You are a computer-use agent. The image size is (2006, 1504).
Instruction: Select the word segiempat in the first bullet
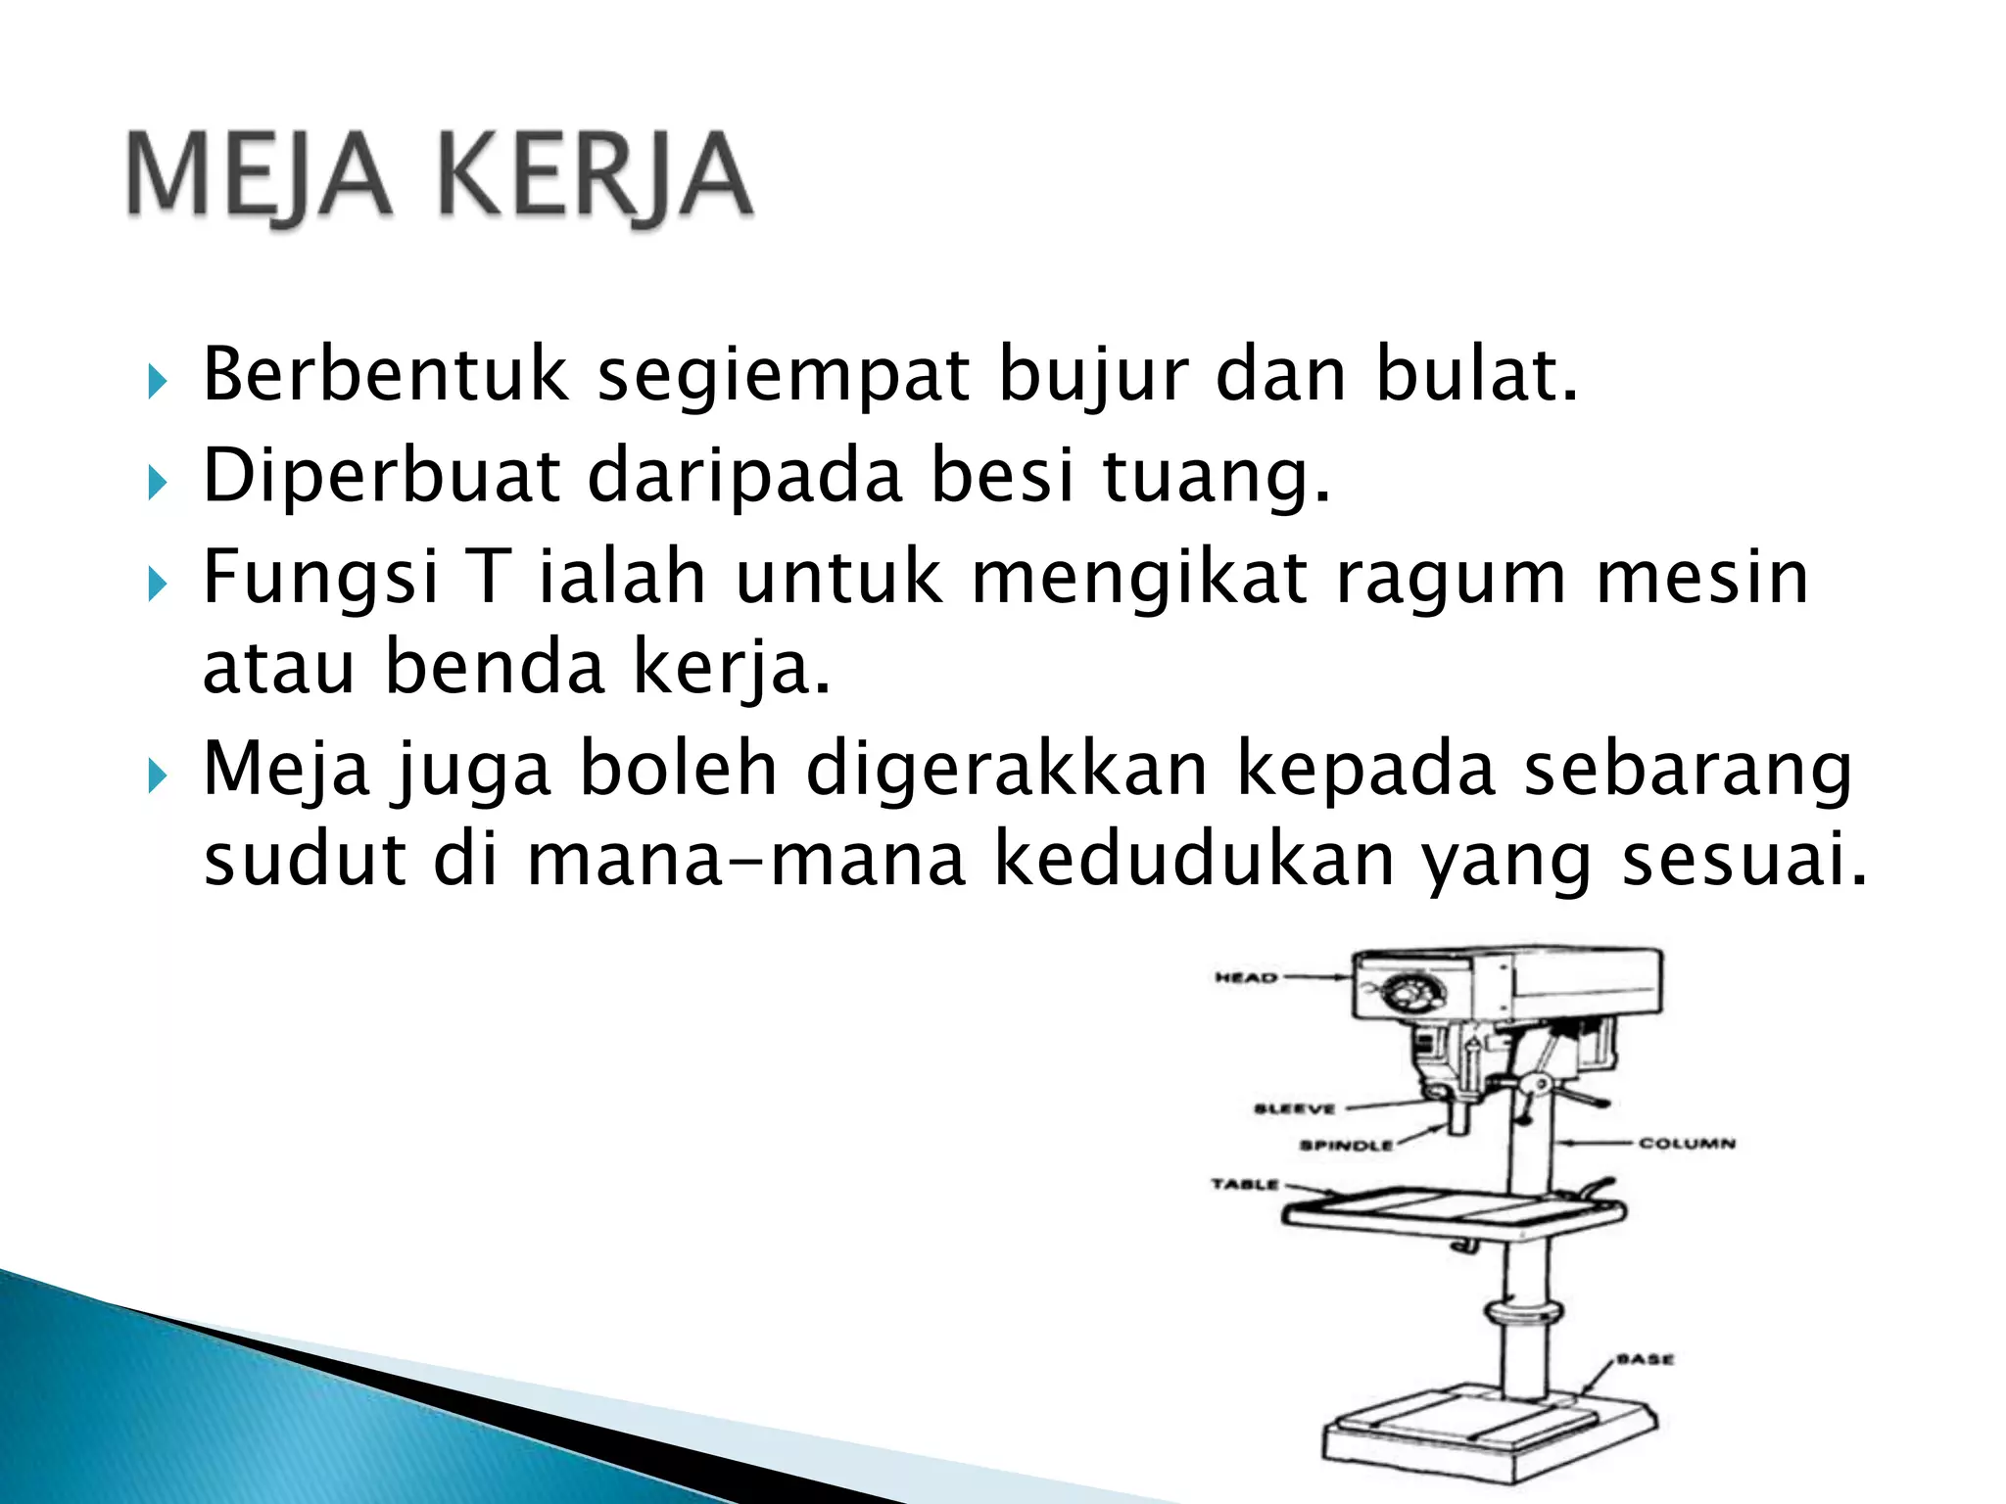click(x=783, y=376)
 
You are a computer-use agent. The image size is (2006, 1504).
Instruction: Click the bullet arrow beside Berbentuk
click(x=157, y=380)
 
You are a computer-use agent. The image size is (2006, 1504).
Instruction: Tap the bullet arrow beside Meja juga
click(x=157, y=776)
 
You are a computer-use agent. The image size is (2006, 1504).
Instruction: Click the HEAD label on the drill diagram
click(x=1245, y=977)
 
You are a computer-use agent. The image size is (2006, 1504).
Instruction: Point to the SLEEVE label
click(x=1294, y=1108)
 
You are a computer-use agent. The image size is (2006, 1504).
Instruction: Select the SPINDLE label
click(x=1346, y=1145)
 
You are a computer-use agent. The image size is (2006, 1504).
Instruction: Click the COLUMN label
click(x=1687, y=1143)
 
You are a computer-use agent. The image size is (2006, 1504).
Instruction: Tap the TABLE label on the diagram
click(x=1245, y=1184)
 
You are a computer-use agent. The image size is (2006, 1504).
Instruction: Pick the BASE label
click(x=1645, y=1359)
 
